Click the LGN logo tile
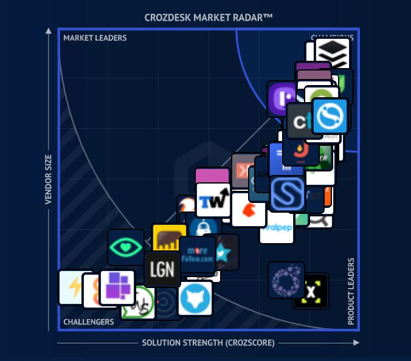tap(162, 269)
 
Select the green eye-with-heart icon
tap(126, 247)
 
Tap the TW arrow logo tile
tap(213, 200)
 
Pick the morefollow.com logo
tap(198, 254)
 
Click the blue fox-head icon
tap(196, 298)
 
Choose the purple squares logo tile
tap(117, 287)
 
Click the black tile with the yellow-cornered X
tap(311, 291)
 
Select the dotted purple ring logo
tap(286, 280)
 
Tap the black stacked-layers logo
tap(333, 55)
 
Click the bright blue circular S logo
tap(330, 115)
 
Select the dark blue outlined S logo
tap(288, 194)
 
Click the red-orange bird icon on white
tap(249, 210)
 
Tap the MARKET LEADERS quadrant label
tap(95, 38)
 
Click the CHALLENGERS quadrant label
tap(89, 322)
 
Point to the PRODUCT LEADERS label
tap(351, 292)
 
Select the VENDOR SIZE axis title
tap(49, 179)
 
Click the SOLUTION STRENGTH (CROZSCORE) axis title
tap(208, 343)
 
